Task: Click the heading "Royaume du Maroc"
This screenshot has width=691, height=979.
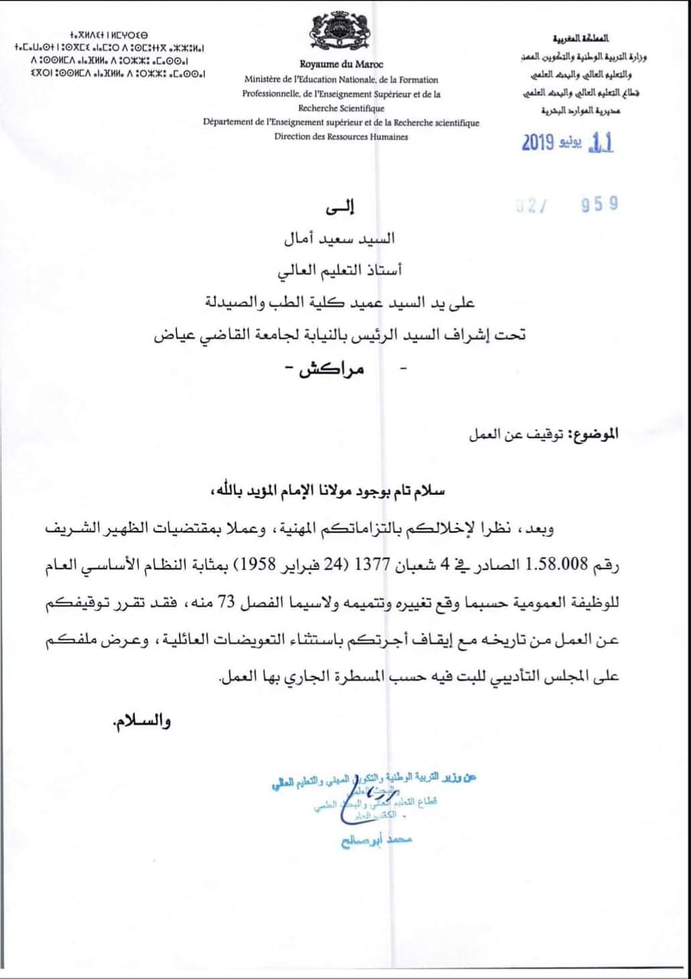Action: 342,65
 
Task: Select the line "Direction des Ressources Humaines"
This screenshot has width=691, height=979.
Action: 342,136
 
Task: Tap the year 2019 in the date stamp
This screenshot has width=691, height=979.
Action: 542,143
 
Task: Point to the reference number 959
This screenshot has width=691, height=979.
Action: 599,203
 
